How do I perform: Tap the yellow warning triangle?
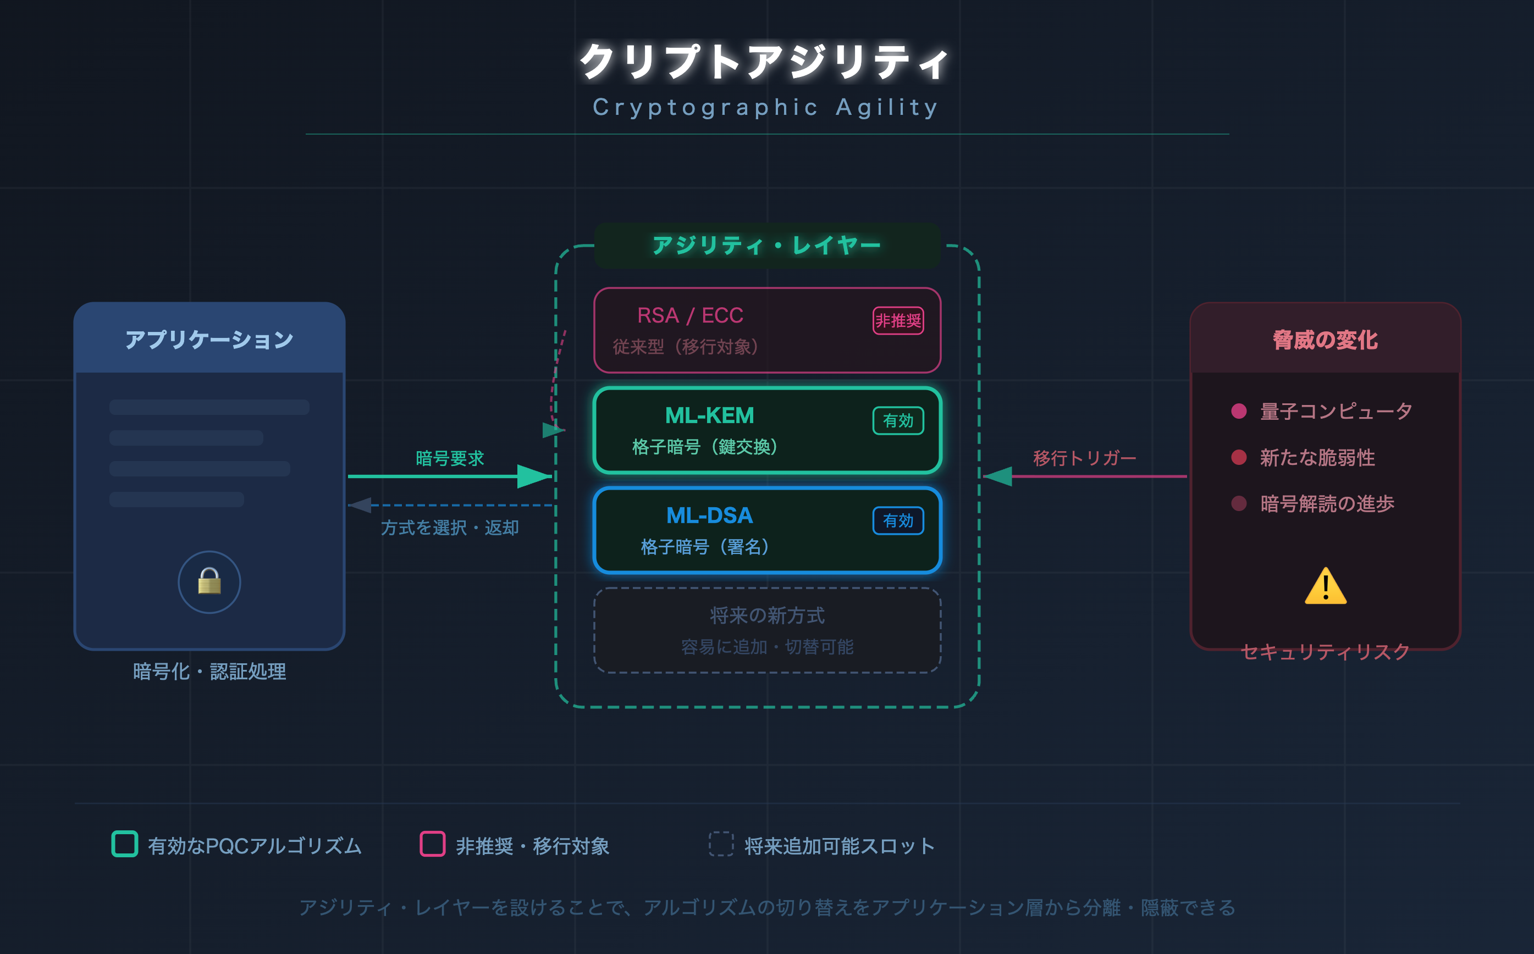(x=1325, y=587)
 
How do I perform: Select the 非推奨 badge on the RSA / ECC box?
(x=898, y=320)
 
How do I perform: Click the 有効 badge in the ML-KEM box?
(x=898, y=421)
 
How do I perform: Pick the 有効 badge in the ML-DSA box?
(x=898, y=520)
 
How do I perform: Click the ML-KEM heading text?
(x=710, y=416)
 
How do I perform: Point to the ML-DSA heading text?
(x=710, y=515)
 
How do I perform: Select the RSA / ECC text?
(x=690, y=315)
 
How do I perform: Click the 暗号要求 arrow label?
(x=449, y=458)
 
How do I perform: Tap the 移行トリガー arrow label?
(x=1084, y=458)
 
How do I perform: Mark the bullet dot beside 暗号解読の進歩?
(x=1239, y=503)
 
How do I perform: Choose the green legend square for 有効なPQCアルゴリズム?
(x=124, y=844)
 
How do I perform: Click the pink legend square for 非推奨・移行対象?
(x=432, y=844)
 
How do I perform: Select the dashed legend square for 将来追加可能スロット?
(x=721, y=844)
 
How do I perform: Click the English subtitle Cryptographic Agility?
(x=766, y=107)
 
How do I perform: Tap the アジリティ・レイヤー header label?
(x=766, y=246)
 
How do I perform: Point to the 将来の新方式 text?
(x=767, y=615)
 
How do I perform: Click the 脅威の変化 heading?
(x=1325, y=340)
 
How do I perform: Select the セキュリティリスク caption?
(x=1325, y=651)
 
